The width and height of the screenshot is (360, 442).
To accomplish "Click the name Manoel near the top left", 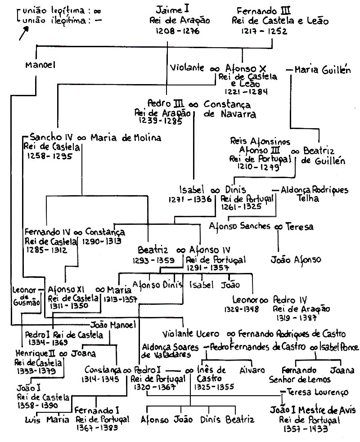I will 40,65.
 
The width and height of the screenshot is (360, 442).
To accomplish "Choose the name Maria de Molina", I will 126,137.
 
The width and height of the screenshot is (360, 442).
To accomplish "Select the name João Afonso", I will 296,259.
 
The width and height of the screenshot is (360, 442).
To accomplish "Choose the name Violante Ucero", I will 191,334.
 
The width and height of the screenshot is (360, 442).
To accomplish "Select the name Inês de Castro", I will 211,374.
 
